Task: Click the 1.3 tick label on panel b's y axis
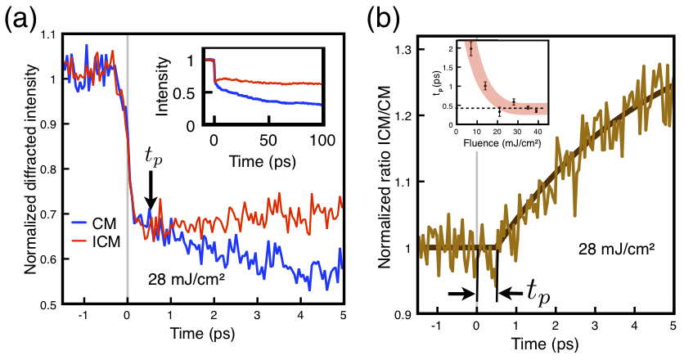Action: pyautogui.click(x=406, y=49)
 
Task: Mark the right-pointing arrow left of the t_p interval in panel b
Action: pyautogui.click(x=460, y=292)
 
